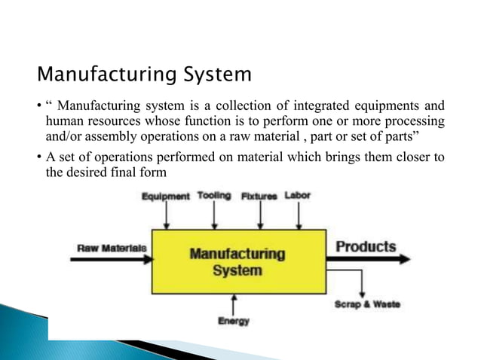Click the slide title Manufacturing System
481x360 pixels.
tap(144, 76)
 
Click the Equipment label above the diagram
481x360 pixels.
tap(166, 197)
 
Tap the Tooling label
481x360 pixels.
tap(214, 196)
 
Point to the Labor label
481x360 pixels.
tap(297, 196)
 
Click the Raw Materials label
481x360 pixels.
tap(108, 247)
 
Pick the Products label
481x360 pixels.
tap(366, 246)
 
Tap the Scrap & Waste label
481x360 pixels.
tap(367, 304)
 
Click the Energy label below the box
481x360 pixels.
tap(234, 321)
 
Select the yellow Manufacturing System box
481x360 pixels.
tap(238, 261)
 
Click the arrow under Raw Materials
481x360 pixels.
tap(113, 258)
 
